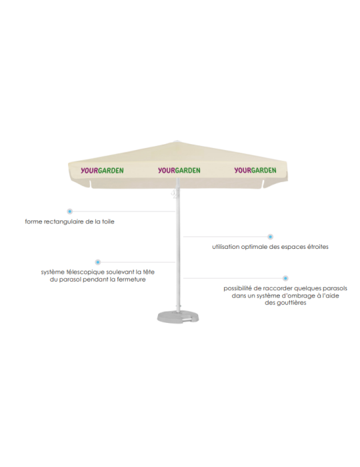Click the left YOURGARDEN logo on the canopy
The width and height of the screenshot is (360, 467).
tap(102, 170)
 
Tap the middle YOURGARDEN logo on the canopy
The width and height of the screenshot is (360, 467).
tap(179, 170)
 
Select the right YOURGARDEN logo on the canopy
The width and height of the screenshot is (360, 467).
tap(255, 170)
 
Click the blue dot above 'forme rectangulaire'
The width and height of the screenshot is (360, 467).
tap(69, 211)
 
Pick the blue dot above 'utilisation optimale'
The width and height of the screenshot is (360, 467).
tap(270, 237)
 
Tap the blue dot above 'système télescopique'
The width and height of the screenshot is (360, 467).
tap(97, 262)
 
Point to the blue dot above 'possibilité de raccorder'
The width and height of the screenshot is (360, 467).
tap(285, 278)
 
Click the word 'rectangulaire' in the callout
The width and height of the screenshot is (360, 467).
tap(62, 222)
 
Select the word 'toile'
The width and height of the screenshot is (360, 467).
tap(108, 221)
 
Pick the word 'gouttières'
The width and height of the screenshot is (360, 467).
tap(291, 303)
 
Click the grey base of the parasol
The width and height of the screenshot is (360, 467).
tap(178, 317)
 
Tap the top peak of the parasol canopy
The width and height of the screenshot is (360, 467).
tap(177, 141)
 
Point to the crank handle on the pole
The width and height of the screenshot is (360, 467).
tap(175, 194)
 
